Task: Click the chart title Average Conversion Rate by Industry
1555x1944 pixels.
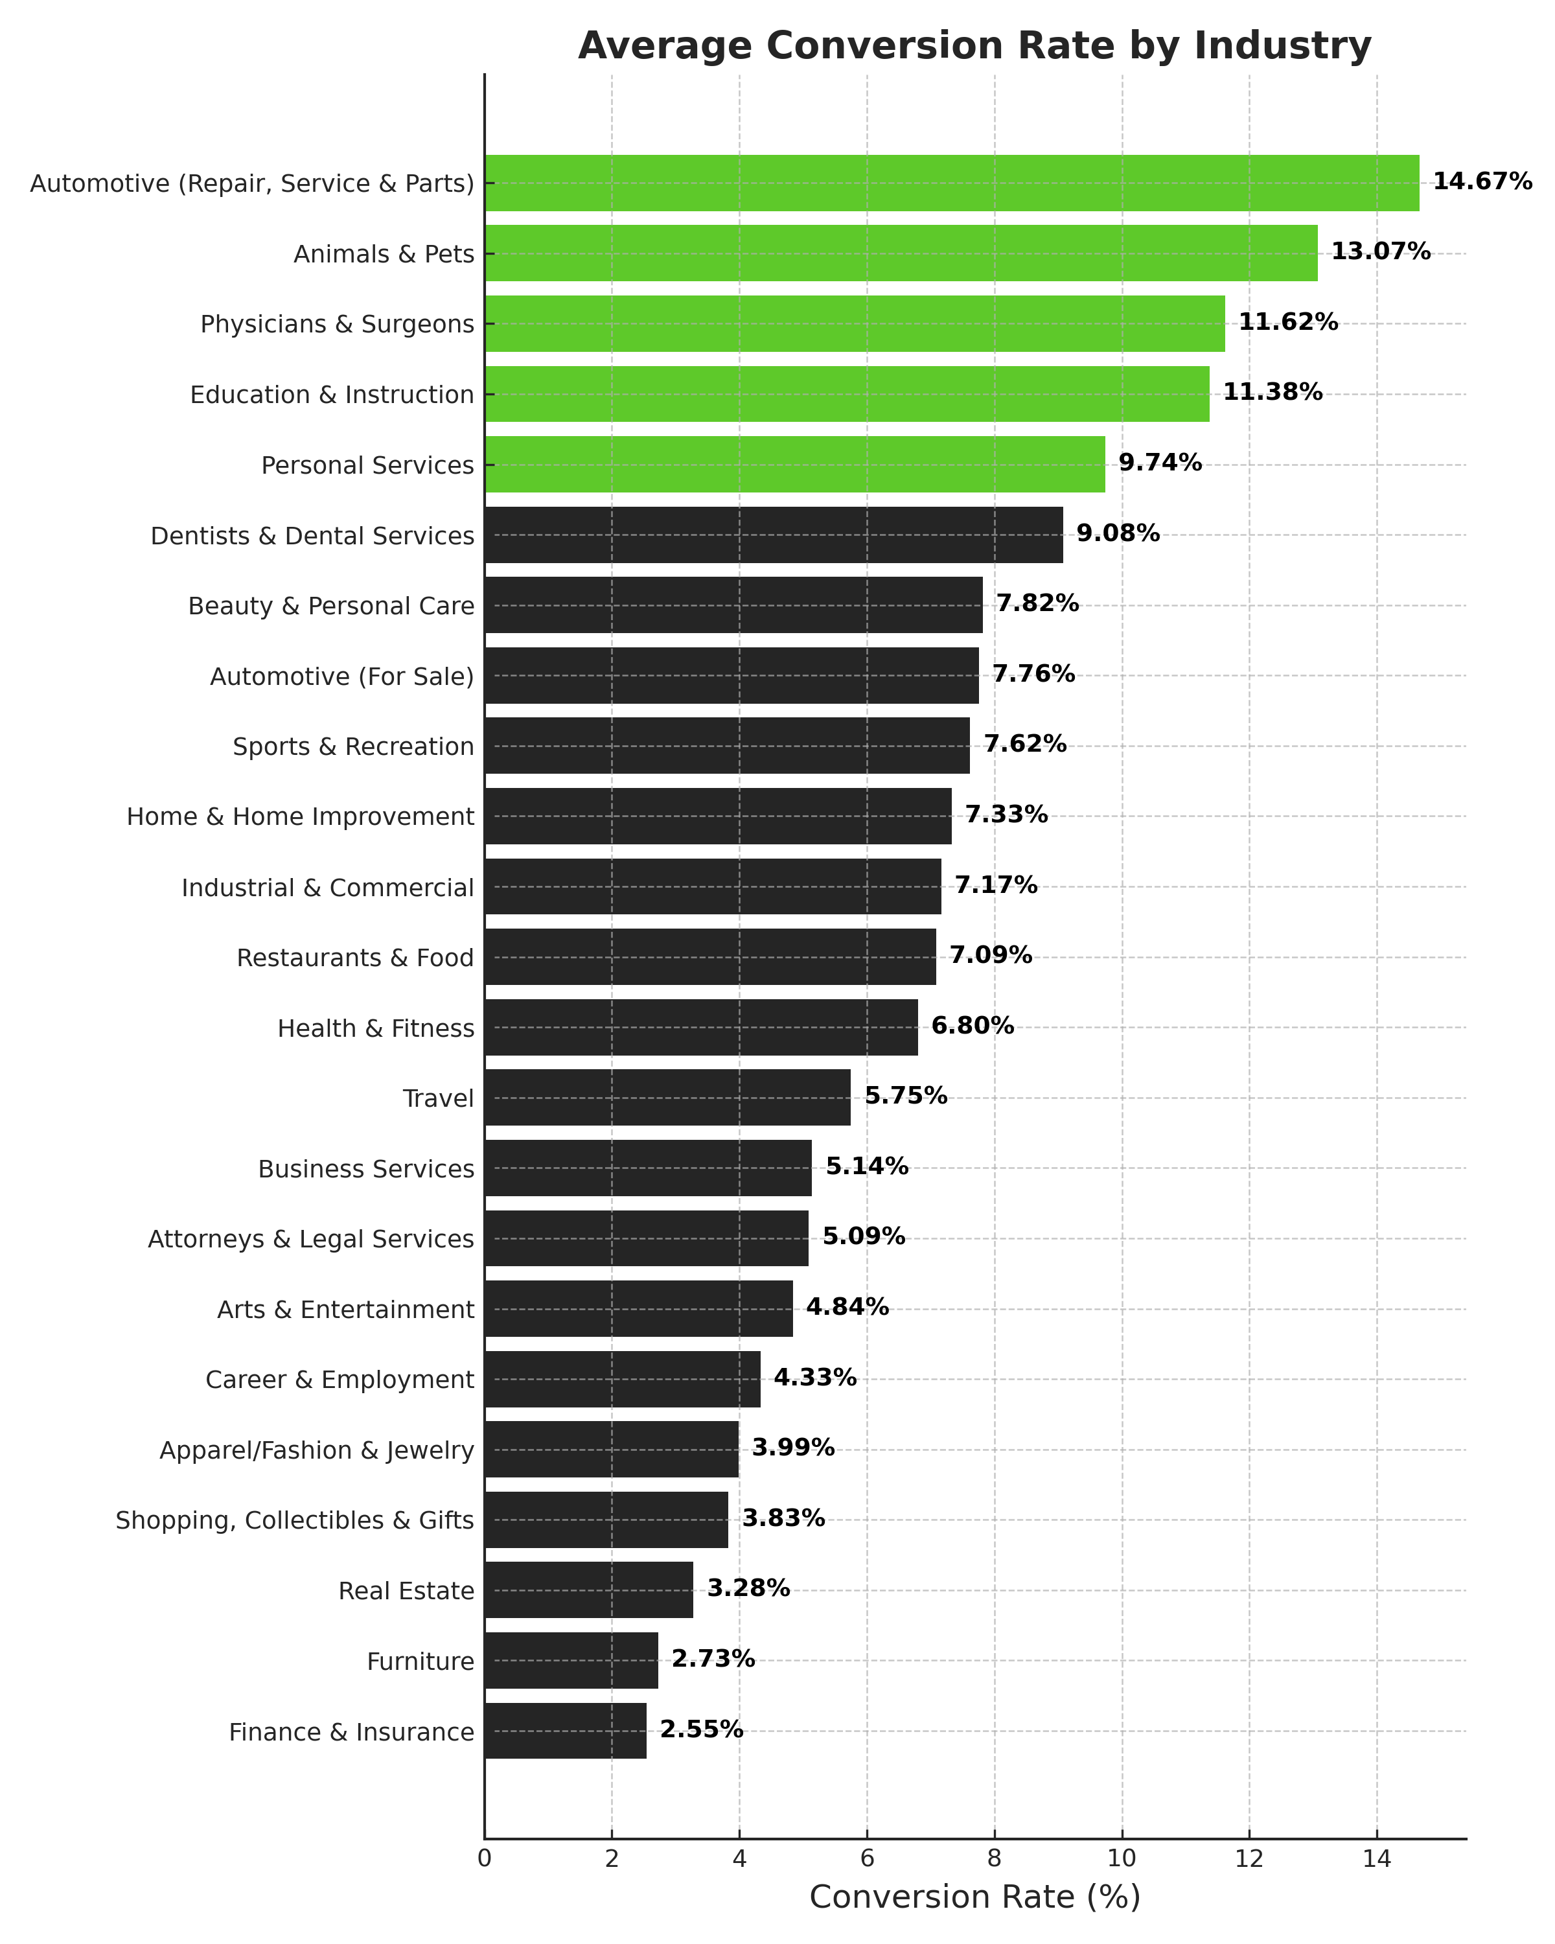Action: [974, 45]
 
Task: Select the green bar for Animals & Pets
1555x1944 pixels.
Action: [901, 253]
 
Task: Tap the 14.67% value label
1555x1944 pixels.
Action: [1482, 182]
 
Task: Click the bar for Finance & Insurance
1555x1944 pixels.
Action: [565, 1730]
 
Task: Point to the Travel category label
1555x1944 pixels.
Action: [438, 1098]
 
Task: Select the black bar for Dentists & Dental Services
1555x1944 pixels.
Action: [774, 535]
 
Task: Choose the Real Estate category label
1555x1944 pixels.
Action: [406, 1591]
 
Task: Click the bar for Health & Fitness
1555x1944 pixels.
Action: [701, 1027]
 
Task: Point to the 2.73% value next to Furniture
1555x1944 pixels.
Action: [713, 1659]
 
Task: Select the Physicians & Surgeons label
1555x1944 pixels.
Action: [337, 324]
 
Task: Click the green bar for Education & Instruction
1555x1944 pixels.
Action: [847, 394]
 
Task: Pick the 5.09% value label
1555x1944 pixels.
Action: [864, 1236]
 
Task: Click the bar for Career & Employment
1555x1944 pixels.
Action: [622, 1379]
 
